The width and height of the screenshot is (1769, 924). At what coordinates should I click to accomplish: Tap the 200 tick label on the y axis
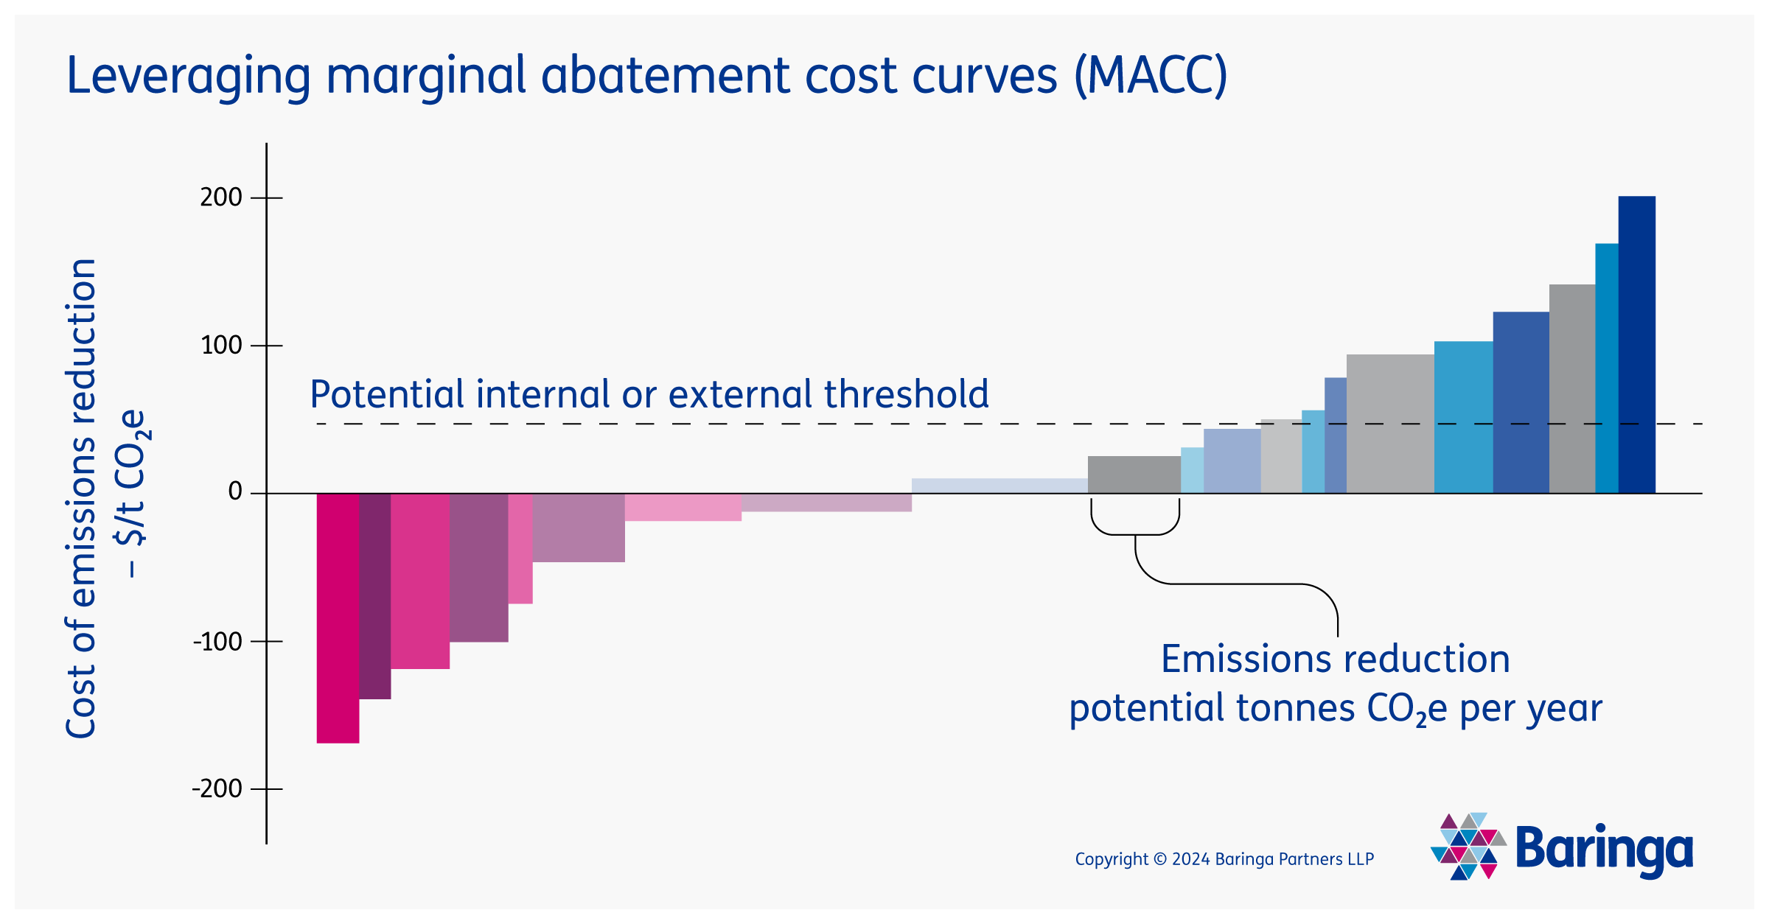pos(221,197)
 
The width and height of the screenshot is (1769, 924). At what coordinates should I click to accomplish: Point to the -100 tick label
pos(217,642)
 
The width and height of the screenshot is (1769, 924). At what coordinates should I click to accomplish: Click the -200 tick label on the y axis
pos(217,789)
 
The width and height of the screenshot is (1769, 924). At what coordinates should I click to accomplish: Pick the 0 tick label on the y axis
pos(235,491)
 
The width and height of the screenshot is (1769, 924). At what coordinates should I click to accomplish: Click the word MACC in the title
pos(1150,76)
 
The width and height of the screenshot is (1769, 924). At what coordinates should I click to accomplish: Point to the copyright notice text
pos(1224,859)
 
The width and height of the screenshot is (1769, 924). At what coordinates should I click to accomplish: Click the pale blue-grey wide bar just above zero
pos(999,486)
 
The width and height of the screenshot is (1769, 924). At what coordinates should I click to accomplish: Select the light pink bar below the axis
pos(683,508)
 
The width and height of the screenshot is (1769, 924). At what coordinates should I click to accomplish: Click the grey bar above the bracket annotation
pos(1134,475)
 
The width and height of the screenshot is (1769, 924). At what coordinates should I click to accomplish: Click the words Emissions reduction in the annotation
pos(1335,659)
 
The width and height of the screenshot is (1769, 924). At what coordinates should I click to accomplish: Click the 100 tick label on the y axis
pos(221,345)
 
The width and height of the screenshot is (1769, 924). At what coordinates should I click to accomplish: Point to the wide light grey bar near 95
pos(1389,424)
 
